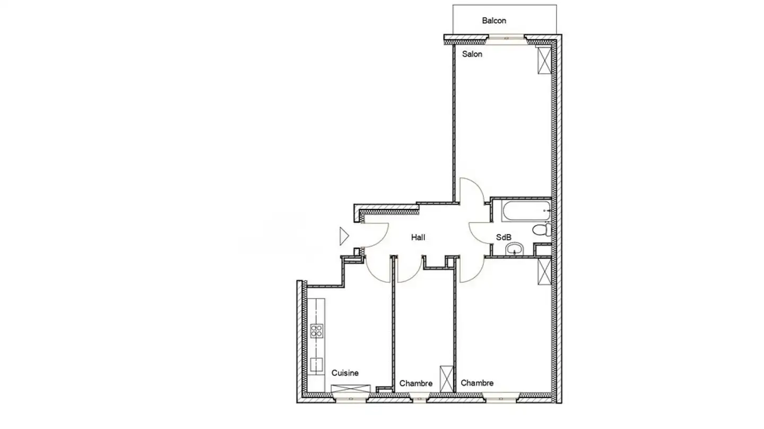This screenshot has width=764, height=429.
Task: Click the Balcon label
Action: [x=494, y=21]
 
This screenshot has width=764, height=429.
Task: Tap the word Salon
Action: [x=472, y=54]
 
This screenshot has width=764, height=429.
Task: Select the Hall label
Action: [x=418, y=237]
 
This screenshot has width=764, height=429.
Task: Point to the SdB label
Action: [x=503, y=237]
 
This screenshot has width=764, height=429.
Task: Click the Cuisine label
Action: [x=345, y=373]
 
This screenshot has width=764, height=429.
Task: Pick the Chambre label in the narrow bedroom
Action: [x=416, y=383]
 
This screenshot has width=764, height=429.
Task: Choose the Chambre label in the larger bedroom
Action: [x=477, y=383]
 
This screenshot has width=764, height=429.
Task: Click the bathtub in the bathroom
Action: [x=527, y=211]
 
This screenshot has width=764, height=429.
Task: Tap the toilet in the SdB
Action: [x=542, y=229]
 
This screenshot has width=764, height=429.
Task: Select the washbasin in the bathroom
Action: [x=514, y=249]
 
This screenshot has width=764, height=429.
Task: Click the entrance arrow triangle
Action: [x=344, y=236]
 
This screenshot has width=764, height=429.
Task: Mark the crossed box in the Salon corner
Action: [x=544, y=60]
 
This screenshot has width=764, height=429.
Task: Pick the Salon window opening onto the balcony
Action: [x=506, y=39]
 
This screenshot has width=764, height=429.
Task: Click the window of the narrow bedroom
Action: [x=420, y=398]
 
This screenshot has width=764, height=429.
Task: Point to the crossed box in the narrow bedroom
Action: [x=447, y=379]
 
